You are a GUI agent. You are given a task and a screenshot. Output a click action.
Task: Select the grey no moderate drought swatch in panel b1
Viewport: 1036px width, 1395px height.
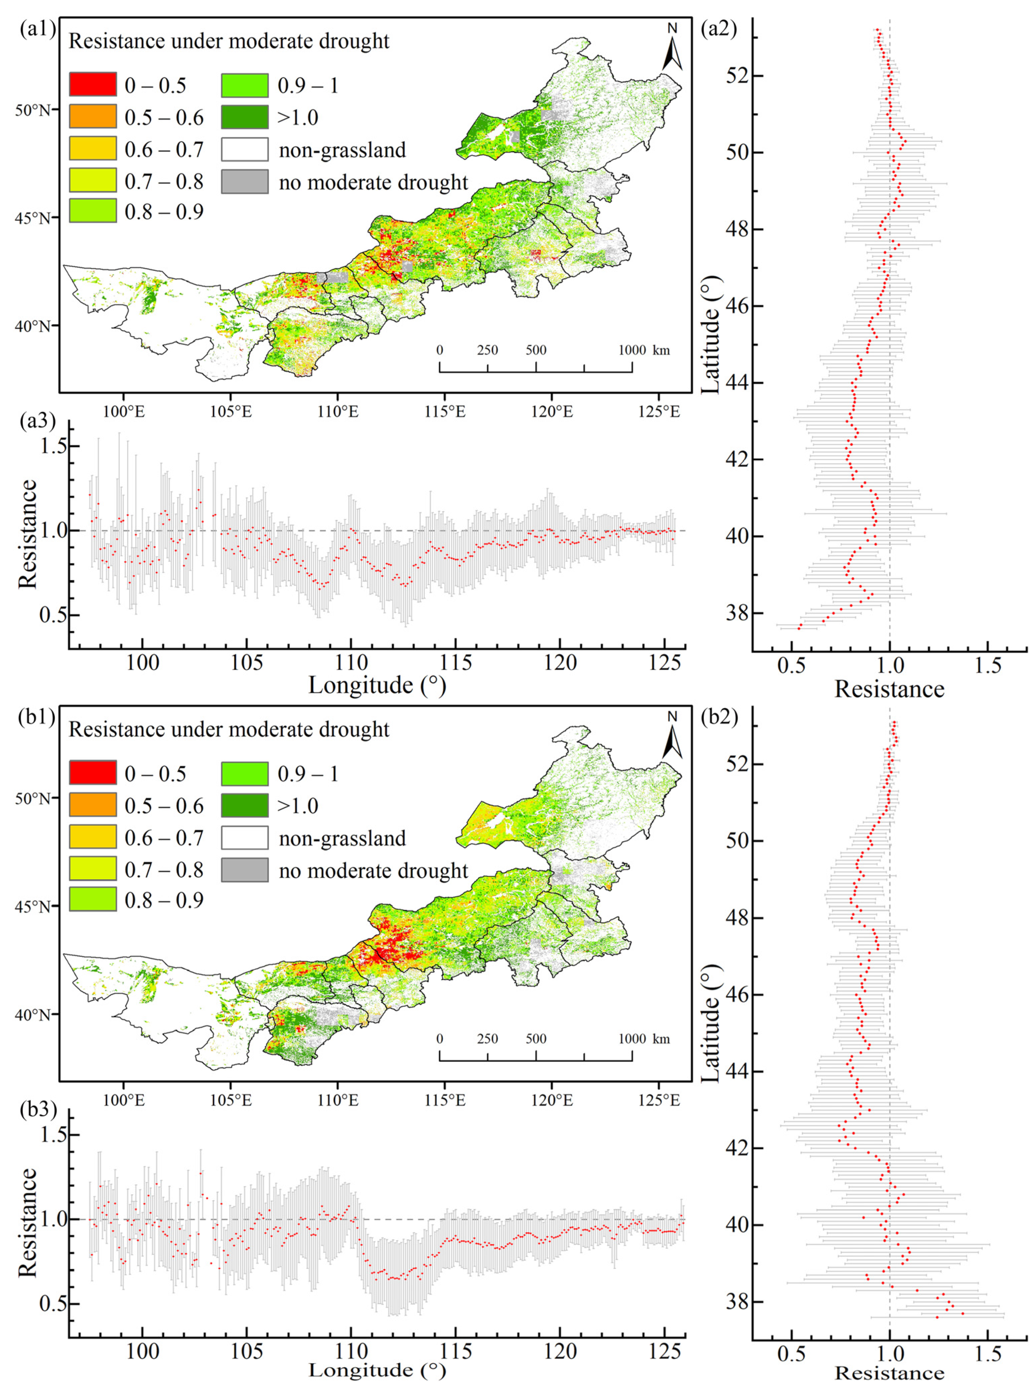pos(245,869)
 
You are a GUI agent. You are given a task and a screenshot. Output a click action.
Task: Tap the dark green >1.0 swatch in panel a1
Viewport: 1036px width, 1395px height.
pos(245,117)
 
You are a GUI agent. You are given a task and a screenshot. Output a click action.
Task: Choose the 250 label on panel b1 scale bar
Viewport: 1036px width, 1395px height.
pos(487,1039)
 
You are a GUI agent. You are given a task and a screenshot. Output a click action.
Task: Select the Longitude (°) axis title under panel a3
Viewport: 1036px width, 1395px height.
pos(377,685)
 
